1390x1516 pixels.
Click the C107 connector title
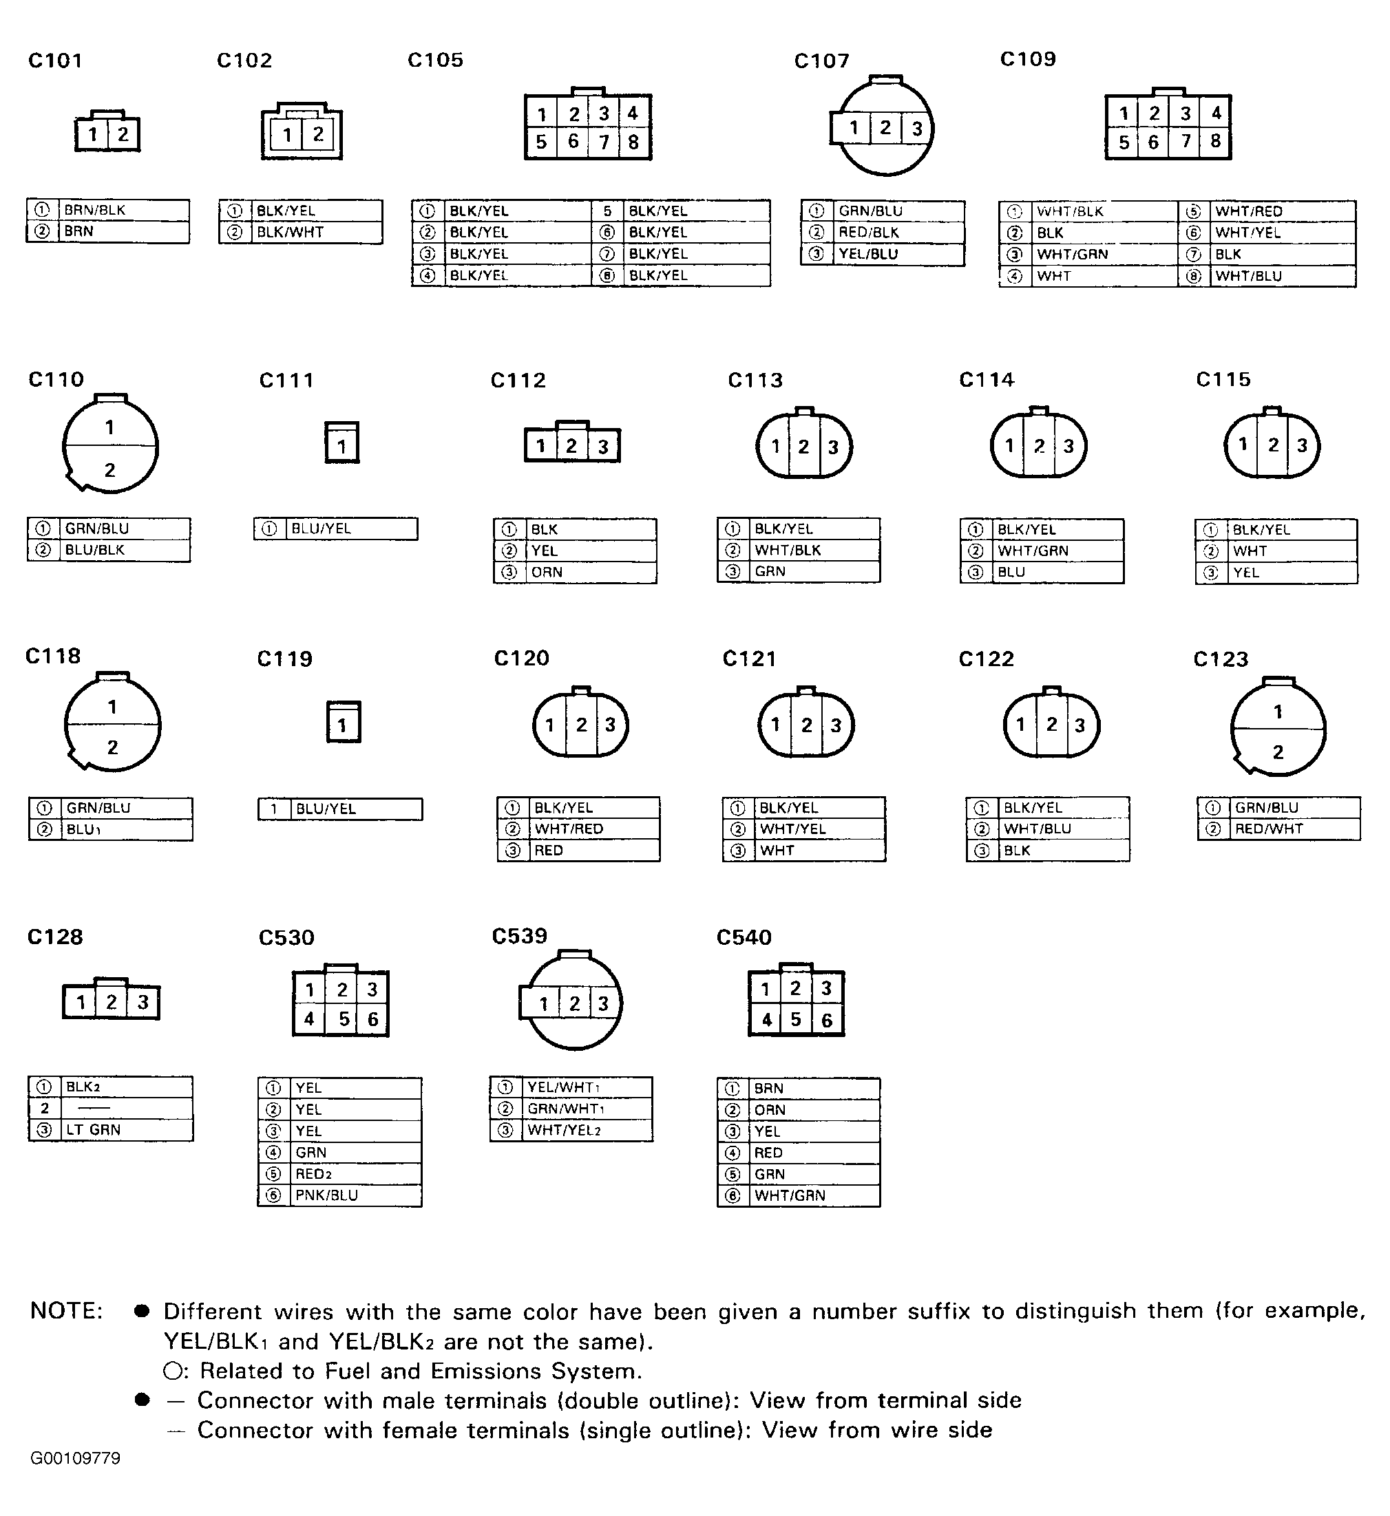821,61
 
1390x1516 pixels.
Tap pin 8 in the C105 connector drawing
633,142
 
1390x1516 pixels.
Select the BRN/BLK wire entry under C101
95,210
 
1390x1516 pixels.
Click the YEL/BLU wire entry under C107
869,254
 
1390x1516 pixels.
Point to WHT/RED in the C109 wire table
1249,211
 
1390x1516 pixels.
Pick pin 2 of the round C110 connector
110,470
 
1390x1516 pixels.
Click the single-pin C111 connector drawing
342,443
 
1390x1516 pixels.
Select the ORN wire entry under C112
547,573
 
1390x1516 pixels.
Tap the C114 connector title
986,380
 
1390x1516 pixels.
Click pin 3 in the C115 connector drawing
1302,445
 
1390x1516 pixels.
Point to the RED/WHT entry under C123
1269,829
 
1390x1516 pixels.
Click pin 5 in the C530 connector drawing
344,1019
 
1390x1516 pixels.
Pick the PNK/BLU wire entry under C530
326,1195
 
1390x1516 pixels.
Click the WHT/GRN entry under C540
790,1195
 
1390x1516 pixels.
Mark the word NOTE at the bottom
66,1311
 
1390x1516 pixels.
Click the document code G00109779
75,1459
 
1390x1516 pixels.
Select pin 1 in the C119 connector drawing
343,725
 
